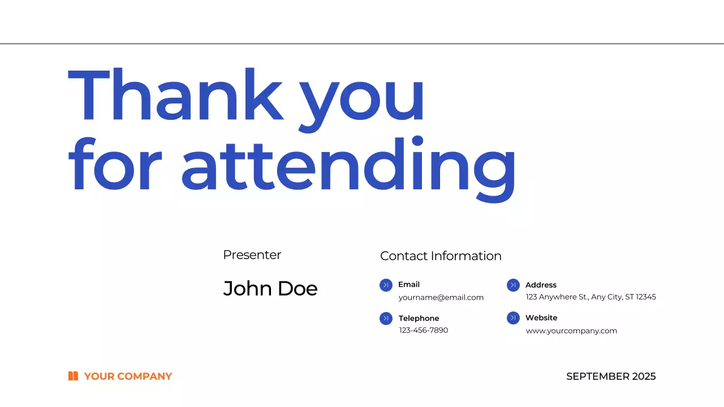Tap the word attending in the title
click(348, 165)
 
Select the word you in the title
click(362, 99)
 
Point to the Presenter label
click(252, 255)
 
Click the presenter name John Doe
click(270, 288)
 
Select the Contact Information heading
click(441, 256)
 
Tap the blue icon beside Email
click(386, 285)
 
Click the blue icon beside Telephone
click(386, 319)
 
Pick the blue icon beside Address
click(513, 285)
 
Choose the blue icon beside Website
click(513, 318)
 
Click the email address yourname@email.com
click(441, 297)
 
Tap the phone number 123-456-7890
click(424, 330)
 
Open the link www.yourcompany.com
click(571, 331)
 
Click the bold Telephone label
click(419, 318)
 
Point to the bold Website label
click(541, 318)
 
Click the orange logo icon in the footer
click(73, 376)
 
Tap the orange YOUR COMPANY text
click(128, 376)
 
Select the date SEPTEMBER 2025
click(611, 376)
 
